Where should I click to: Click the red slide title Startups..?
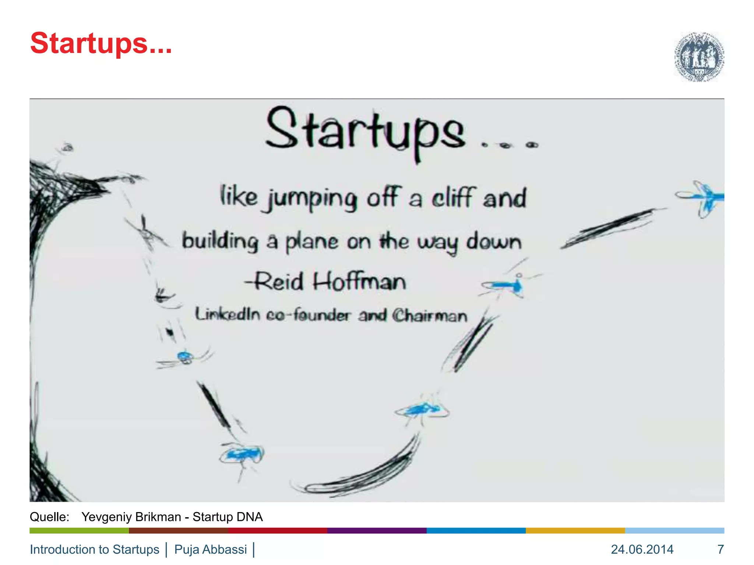click(x=101, y=43)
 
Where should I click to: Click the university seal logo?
click(x=699, y=57)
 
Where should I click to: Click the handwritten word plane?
click(x=311, y=242)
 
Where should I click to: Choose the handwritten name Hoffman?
click(x=359, y=282)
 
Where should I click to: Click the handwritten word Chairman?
click(x=430, y=316)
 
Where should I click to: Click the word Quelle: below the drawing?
click(x=49, y=517)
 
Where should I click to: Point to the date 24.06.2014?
click(x=642, y=549)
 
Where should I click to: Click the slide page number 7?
click(x=720, y=549)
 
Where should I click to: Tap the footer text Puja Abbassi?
click(x=210, y=549)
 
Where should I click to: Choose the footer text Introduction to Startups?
click(x=95, y=549)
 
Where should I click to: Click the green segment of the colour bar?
click(x=79, y=530)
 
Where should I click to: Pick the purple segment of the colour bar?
click(x=377, y=530)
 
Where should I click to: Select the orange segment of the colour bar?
click(x=575, y=530)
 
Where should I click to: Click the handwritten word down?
click(x=494, y=242)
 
